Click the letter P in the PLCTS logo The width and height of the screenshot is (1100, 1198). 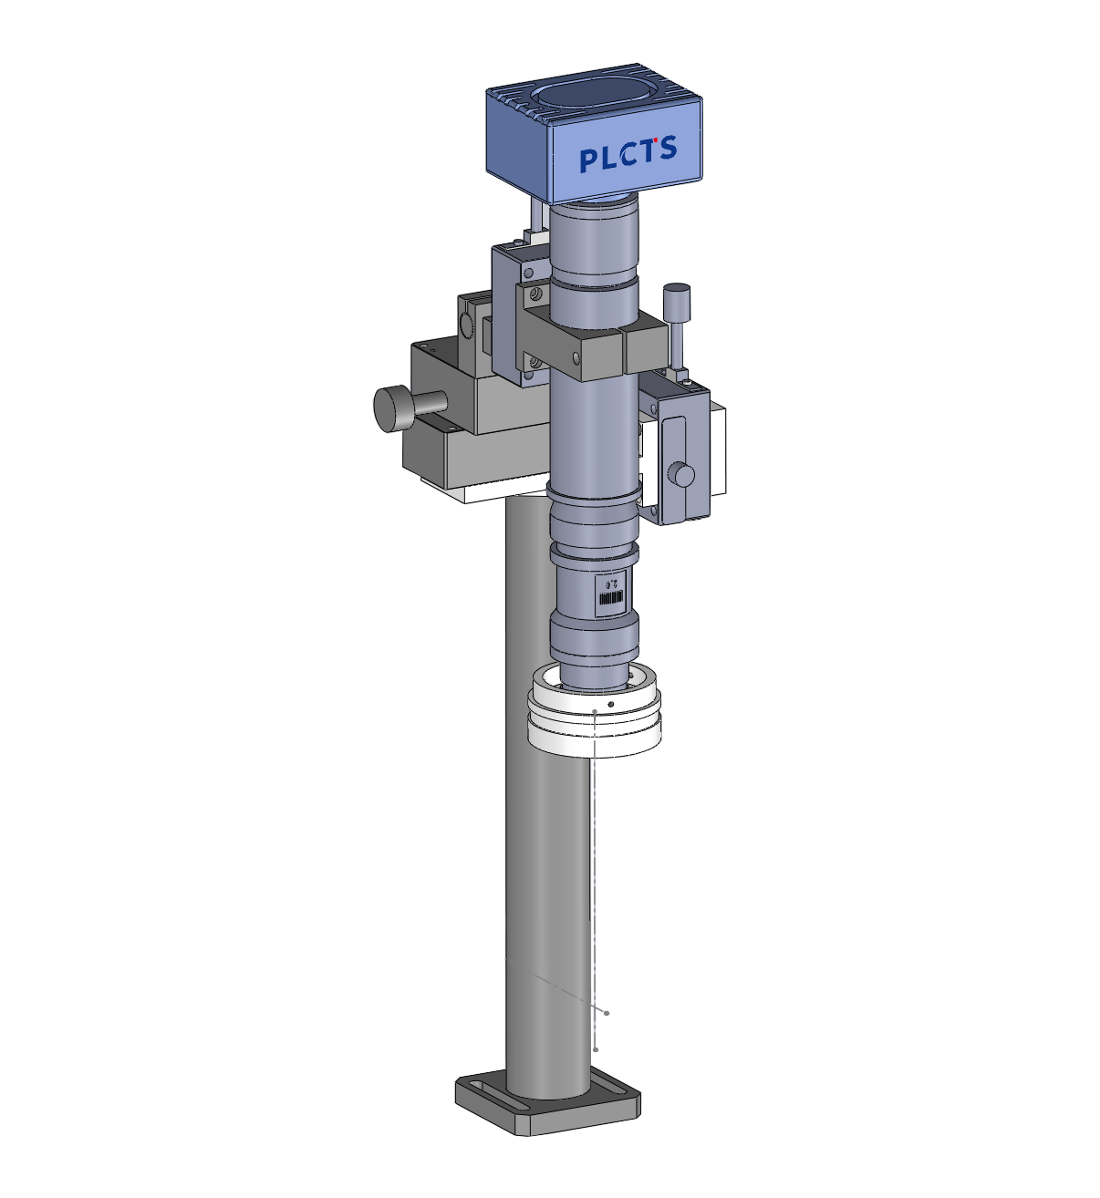[588, 160]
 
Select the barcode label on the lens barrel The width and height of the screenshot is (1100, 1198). [610, 598]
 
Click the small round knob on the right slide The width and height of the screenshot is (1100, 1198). [680, 474]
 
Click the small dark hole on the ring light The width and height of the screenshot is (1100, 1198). [611, 704]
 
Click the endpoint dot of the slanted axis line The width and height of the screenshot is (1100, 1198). [607, 1012]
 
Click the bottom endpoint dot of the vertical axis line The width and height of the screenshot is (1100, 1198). [596, 1049]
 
